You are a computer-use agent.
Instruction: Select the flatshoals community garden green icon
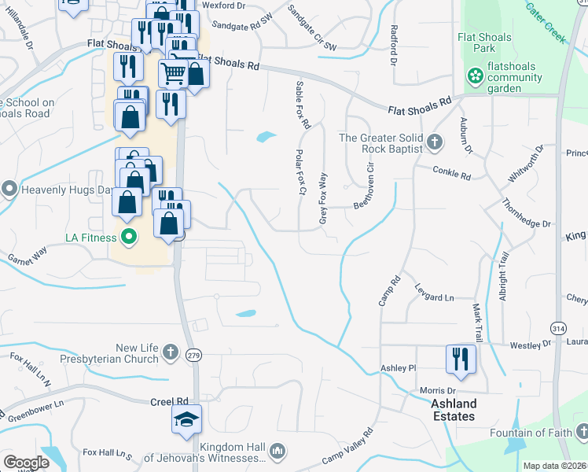coord(475,76)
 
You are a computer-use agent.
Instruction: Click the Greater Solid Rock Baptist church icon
coord(435,143)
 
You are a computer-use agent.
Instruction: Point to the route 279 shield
coord(194,356)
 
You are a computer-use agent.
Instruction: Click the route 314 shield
coord(558,328)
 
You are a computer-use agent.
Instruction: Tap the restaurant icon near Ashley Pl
coord(461,359)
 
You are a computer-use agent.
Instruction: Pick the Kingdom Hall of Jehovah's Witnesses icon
coord(276,451)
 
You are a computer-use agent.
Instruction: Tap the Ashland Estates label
coord(454,410)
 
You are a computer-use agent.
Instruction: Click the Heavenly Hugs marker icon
coord(9,189)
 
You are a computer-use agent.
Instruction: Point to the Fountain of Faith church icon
coord(581,432)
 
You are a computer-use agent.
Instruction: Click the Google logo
coord(25,463)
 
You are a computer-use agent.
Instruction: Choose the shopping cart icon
coord(173,74)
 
